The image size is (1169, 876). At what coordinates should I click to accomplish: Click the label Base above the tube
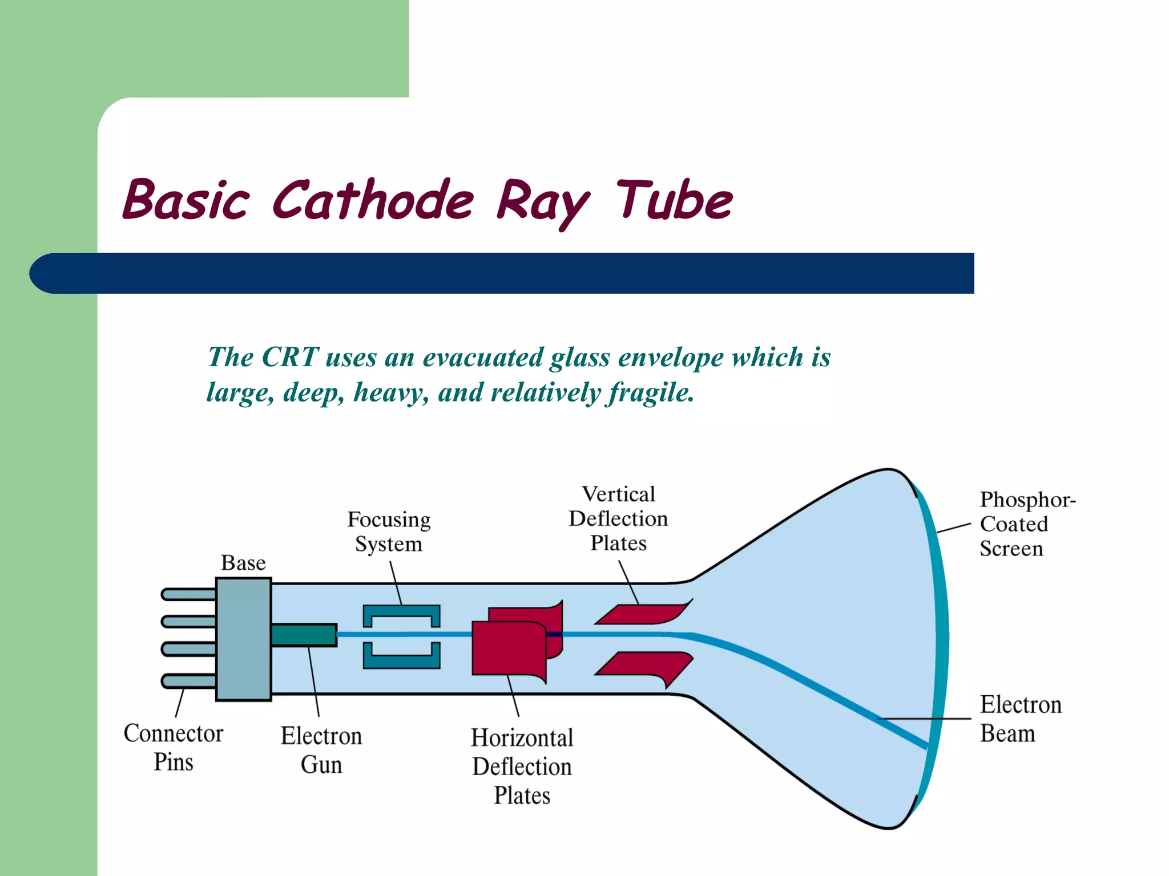[243, 563]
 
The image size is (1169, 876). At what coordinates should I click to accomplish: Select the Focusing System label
[389, 532]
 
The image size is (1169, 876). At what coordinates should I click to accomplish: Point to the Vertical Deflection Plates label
[618, 518]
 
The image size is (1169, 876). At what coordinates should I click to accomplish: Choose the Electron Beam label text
[1020, 719]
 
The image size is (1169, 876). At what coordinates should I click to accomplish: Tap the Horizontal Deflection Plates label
[522, 766]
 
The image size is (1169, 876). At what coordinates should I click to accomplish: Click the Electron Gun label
[321, 750]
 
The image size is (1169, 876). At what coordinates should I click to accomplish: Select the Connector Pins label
[174, 747]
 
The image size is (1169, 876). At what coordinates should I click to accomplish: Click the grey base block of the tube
[244, 639]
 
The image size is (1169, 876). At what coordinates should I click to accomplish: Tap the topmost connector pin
[188, 595]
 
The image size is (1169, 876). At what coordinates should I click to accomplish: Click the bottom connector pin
[188, 680]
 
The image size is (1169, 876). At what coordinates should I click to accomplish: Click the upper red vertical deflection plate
[642, 614]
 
